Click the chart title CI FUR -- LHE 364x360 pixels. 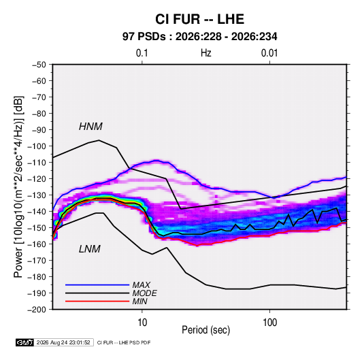point(199,19)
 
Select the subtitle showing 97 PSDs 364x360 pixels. point(199,37)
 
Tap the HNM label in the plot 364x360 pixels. point(90,127)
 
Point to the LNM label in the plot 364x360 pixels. point(90,249)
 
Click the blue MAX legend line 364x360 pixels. point(97,285)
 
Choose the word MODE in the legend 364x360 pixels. point(145,293)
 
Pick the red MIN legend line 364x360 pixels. point(97,301)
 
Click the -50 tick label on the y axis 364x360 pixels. point(39,65)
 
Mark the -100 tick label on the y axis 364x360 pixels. point(37,146)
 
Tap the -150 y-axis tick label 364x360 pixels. point(37,228)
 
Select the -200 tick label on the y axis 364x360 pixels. point(37,310)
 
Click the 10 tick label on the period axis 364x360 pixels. point(142,323)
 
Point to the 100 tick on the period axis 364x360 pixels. point(269,323)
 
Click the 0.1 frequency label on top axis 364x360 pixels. point(142,53)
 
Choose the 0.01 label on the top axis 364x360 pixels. point(269,53)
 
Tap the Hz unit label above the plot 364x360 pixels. point(206,53)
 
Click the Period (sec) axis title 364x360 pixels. point(206,330)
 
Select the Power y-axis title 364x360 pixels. point(18,187)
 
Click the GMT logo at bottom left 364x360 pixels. point(24,342)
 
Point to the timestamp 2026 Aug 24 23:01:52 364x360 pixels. point(63,342)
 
